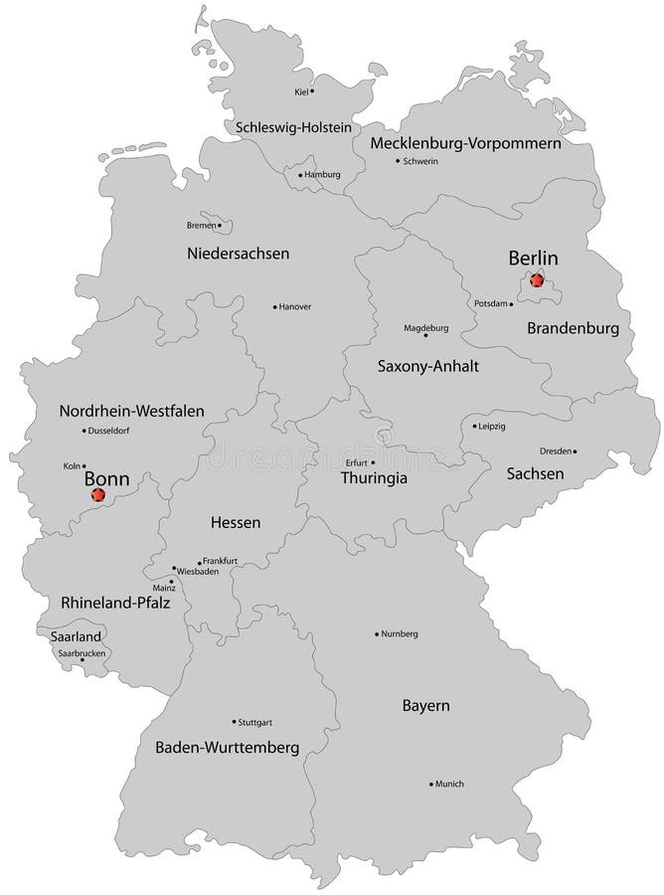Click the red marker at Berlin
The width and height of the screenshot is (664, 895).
click(538, 279)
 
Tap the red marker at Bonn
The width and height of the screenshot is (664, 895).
click(96, 493)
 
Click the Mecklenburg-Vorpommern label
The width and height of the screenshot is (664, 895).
click(465, 143)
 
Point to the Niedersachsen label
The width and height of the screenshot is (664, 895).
click(238, 254)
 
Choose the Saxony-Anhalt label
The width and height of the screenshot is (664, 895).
click(428, 366)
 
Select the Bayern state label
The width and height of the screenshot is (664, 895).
click(426, 705)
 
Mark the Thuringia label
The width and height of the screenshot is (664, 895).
click(375, 477)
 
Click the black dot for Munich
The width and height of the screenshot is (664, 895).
click(430, 784)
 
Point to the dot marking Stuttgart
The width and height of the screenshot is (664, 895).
click(234, 721)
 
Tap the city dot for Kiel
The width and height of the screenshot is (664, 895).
click(312, 90)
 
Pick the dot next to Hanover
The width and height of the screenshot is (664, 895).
click(274, 306)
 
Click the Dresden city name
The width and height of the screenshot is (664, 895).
click(558, 450)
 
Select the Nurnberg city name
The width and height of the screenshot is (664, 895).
click(401, 633)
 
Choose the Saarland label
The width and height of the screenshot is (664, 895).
click(62, 634)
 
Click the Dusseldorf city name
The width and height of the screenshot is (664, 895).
click(109, 431)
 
